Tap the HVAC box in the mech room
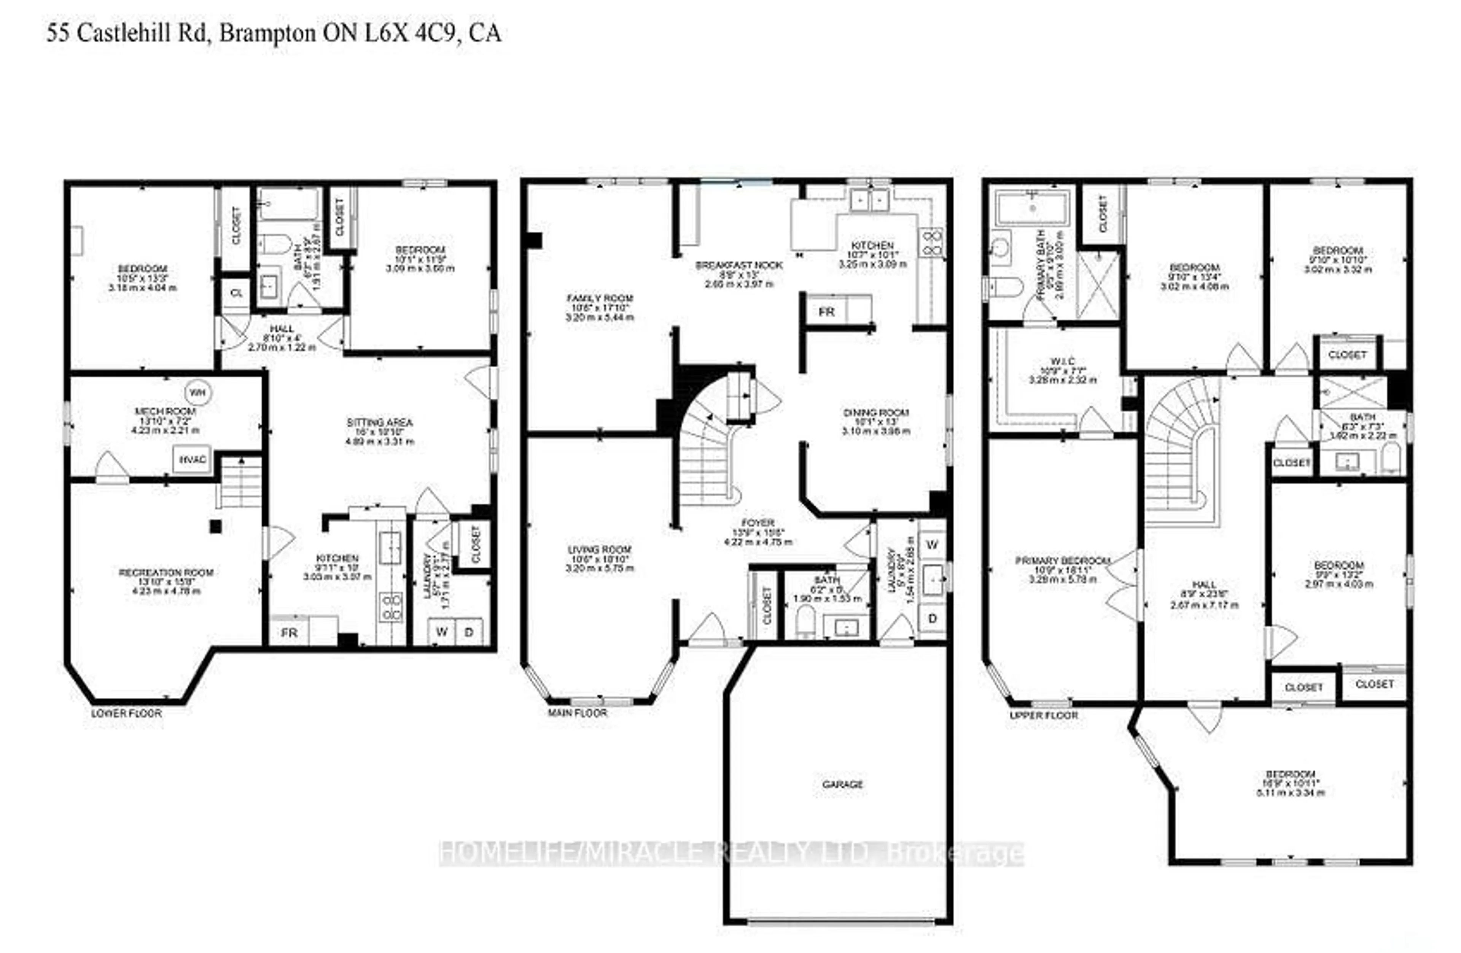(x=192, y=459)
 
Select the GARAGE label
(x=842, y=784)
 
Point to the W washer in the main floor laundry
(x=932, y=544)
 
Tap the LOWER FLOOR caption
(x=126, y=713)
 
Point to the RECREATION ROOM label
(x=166, y=573)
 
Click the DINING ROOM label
(x=875, y=412)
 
